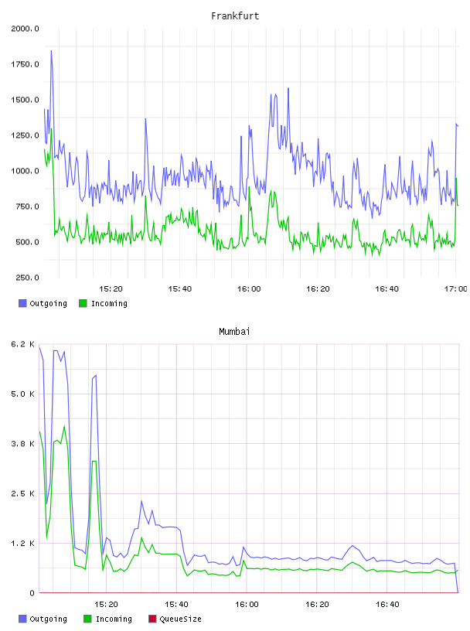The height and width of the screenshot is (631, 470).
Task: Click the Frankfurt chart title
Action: click(x=235, y=16)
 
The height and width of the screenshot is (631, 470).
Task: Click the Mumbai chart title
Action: click(x=234, y=332)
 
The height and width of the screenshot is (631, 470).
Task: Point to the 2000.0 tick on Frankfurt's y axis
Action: click(x=25, y=29)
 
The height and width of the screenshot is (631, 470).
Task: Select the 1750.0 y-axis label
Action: click(x=25, y=64)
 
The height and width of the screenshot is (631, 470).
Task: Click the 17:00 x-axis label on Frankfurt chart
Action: click(x=455, y=289)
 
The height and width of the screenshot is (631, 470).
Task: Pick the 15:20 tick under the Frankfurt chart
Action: click(x=111, y=289)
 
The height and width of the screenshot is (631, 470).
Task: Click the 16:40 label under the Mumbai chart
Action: click(x=387, y=605)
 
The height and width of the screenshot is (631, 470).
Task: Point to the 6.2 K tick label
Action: click(x=23, y=344)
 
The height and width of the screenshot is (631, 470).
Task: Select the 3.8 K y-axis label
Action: click(x=23, y=444)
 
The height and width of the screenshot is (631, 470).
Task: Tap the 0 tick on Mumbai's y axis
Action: click(x=32, y=593)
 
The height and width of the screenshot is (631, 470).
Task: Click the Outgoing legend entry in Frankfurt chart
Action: click(x=43, y=303)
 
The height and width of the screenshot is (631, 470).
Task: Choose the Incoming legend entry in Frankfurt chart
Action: click(x=103, y=303)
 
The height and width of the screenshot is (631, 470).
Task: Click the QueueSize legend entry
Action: click(x=175, y=619)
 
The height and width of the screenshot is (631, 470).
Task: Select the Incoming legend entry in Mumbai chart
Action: click(x=107, y=619)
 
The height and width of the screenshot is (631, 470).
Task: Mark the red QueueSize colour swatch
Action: click(x=152, y=619)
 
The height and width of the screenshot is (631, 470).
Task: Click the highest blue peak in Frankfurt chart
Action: click(x=51, y=51)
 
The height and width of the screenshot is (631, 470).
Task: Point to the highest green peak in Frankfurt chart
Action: click(x=51, y=129)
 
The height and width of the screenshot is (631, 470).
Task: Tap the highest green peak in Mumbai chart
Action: click(x=64, y=426)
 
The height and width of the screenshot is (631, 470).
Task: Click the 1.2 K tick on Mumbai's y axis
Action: click(x=23, y=544)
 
